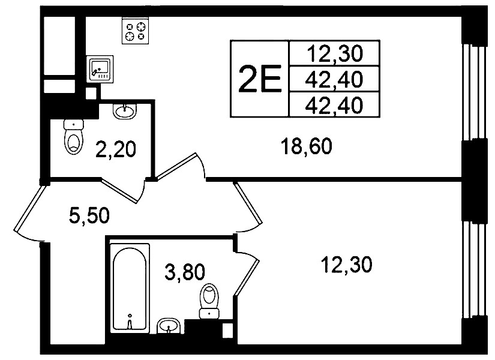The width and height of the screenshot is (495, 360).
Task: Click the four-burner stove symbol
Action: pyautogui.click(x=135, y=31)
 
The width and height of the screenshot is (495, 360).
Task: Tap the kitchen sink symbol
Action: pyautogui.click(x=100, y=70)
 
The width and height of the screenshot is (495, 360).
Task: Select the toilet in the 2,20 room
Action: pyautogui.click(x=74, y=137)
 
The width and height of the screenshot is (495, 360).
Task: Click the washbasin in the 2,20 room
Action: pyautogui.click(x=125, y=111)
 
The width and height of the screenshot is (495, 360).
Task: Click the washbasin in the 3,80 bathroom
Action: pyautogui.click(x=170, y=326)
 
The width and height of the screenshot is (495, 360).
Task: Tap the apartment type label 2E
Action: pyautogui.click(x=260, y=79)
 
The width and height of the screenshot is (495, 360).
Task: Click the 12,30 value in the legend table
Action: pyautogui.click(x=335, y=53)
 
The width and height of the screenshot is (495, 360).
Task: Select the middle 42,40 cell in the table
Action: pyautogui.click(x=334, y=79)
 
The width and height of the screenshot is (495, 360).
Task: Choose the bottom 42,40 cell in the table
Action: pyautogui.click(x=334, y=105)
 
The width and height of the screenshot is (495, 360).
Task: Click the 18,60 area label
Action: pyautogui.click(x=307, y=146)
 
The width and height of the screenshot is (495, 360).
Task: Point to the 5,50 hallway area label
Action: pyautogui.click(x=89, y=215)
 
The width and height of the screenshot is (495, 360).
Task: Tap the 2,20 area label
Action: pyautogui.click(x=116, y=149)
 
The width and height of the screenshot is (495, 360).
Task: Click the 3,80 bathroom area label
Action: pyautogui.click(x=185, y=272)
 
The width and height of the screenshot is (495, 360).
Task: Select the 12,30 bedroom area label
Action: pyautogui.click(x=347, y=265)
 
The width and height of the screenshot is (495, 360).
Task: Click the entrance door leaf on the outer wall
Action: pyautogui.click(x=29, y=208)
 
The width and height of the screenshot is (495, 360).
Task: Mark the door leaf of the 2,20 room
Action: pyautogui.click(x=120, y=190)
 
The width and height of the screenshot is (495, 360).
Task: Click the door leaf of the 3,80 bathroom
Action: pyautogui.click(x=248, y=274)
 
